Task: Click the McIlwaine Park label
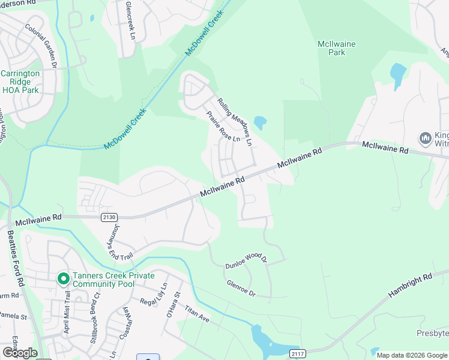click(x=331, y=48)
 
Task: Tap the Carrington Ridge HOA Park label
click(x=20, y=82)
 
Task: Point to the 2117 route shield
click(x=297, y=353)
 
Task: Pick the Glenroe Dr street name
click(x=241, y=289)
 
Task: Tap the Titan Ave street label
click(x=196, y=314)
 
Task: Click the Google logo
click(x=20, y=352)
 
